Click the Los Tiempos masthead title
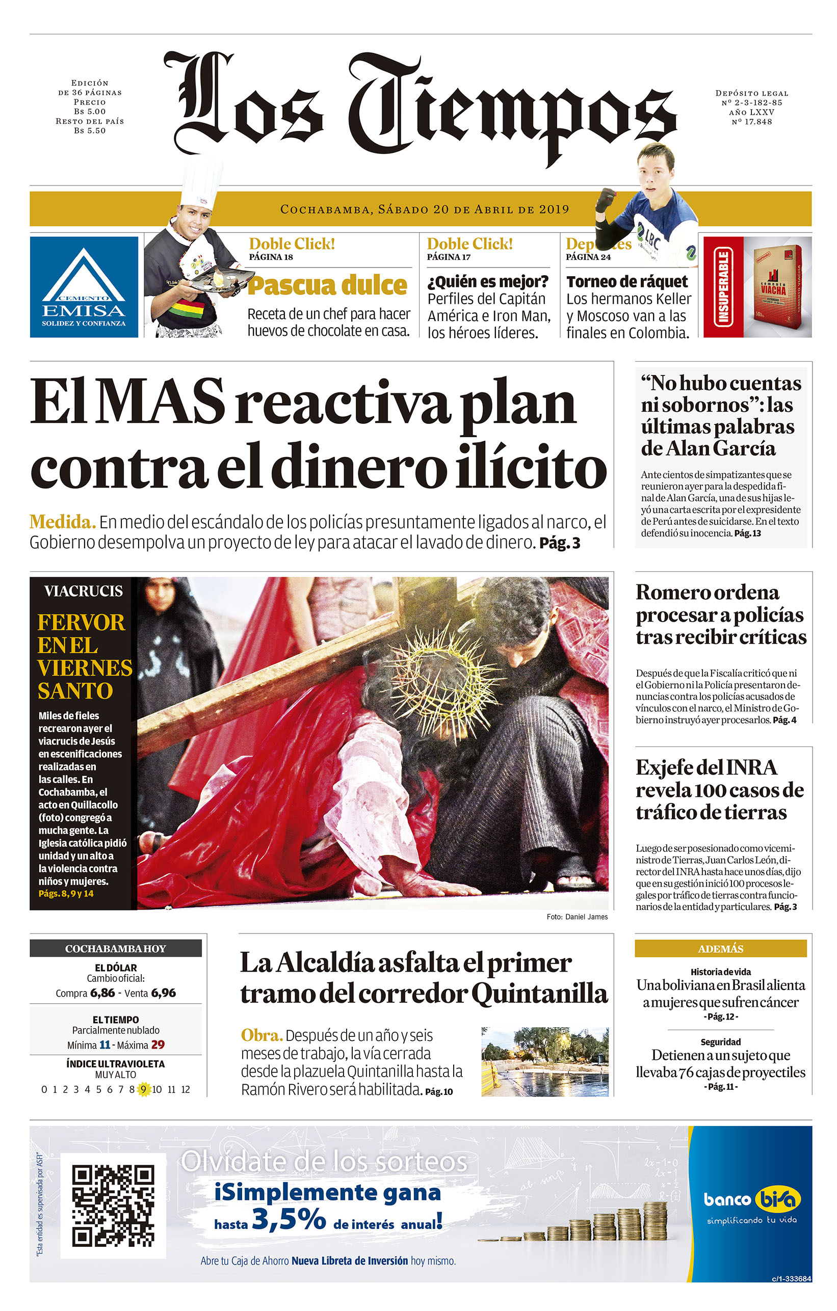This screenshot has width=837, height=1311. [420, 103]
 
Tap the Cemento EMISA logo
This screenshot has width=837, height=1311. [84, 287]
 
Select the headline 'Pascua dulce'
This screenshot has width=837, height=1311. [327, 286]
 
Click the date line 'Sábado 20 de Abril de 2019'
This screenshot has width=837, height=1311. [425, 209]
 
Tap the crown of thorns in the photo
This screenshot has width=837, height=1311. [444, 684]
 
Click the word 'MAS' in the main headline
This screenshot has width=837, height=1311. [161, 403]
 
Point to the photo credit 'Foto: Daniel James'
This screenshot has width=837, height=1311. [577, 917]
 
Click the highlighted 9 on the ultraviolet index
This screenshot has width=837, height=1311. [143, 1089]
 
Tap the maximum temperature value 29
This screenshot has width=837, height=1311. [158, 1045]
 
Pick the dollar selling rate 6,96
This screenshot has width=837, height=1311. [163, 993]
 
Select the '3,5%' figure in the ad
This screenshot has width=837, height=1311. [289, 1219]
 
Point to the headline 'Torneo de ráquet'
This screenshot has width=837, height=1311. [627, 281]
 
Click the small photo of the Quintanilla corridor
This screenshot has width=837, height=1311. [544, 1061]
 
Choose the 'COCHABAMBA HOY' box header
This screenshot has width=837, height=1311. [115, 948]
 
